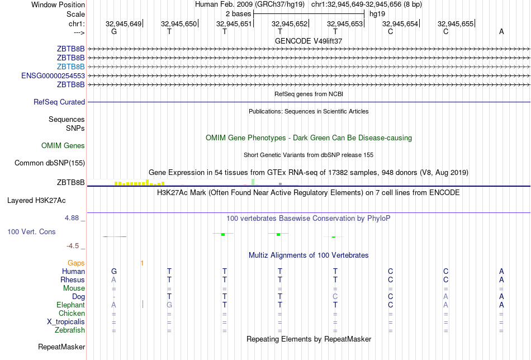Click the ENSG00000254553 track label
coord(53,75)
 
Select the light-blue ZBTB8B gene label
coord(70,67)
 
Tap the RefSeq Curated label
coord(59,102)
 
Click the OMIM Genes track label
coord(63,146)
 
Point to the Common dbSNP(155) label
coord(50,163)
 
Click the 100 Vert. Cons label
coord(31,231)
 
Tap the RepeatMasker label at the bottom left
coord(61,347)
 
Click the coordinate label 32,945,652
coord(290,23)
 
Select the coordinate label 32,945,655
coord(456,23)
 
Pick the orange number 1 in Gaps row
coord(143,263)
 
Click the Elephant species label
coord(70,305)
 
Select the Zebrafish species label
coord(69,330)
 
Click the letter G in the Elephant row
coord(169,305)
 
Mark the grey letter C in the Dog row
coord(335,296)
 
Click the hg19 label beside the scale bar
coord(377,13)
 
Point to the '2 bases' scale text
coord(239,13)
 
